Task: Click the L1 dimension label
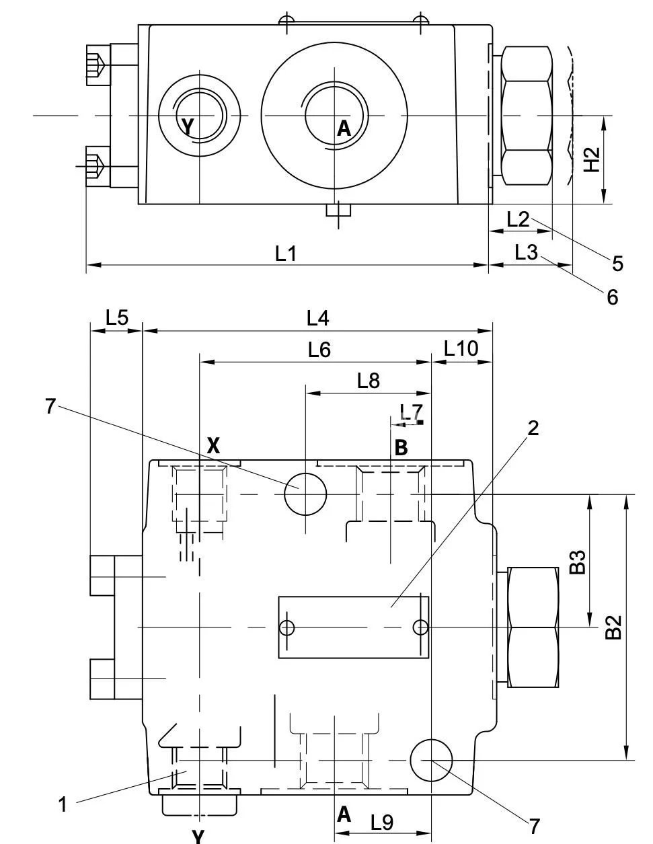point(286,254)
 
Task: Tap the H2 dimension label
point(591,159)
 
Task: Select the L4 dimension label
point(317,317)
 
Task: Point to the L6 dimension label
point(319,350)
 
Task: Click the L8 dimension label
point(369,381)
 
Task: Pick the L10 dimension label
point(461,348)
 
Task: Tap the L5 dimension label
point(116,317)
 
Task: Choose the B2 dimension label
point(613,627)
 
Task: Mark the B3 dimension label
point(577,562)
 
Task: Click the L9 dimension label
point(382,821)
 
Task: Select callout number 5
point(617,263)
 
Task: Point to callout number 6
point(612,297)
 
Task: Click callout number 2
point(533,428)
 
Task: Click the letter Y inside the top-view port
point(188,125)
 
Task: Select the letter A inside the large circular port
point(344,128)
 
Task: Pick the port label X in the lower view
point(213,445)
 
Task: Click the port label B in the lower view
point(401,448)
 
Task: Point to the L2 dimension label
point(518,219)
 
